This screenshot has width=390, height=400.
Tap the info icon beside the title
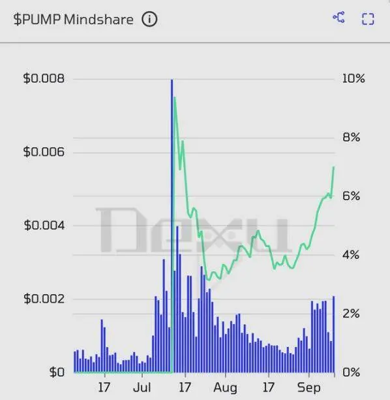click(x=149, y=20)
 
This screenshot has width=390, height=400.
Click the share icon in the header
click(x=338, y=18)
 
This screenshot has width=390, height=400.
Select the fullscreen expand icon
click(x=368, y=18)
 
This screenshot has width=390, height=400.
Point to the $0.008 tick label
click(x=44, y=79)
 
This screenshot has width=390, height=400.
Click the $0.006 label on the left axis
click(x=44, y=152)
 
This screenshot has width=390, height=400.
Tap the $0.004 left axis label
click(x=44, y=225)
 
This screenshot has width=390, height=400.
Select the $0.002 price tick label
click(x=44, y=299)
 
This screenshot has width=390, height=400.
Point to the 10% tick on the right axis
click(x=353, y=79)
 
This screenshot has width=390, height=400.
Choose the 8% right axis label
click(x=353, y=138)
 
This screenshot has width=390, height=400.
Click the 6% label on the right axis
click(x=353, y=196)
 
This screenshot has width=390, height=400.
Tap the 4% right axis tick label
click(x=353, y=255)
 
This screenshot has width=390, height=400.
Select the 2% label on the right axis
click(x=353, y=314)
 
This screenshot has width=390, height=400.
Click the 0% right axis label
click(x=353, y=372)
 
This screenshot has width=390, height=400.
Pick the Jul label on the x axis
click(x=143, y=388)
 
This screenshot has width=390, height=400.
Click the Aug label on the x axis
click(x=225, y=388)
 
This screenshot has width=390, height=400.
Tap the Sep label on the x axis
click(x=309, y=388)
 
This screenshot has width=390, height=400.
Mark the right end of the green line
click(x=334, y=167)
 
